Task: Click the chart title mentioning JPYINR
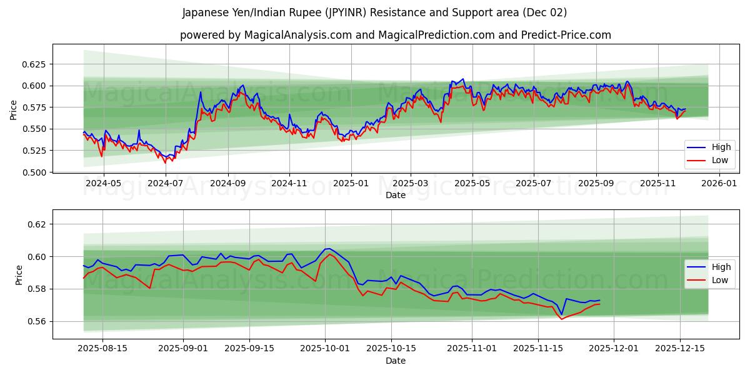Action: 374,12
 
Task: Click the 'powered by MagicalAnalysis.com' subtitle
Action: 395,35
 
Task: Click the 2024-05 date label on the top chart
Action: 103,184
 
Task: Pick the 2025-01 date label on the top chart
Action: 351,184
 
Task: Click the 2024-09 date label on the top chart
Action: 227,184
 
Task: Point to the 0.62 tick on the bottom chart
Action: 37,224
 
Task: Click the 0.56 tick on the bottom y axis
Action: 37,322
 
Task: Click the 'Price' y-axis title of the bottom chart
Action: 19,274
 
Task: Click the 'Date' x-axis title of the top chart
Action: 395,195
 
